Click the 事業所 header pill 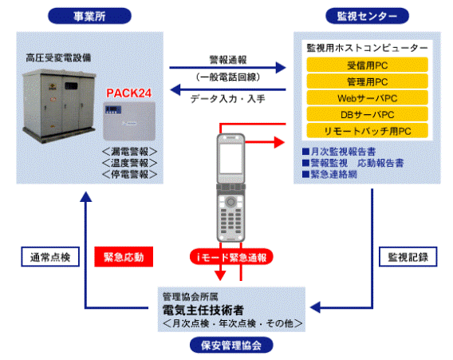click(x=89, y=16)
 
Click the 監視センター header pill click(x=367, y=16)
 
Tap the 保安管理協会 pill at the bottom click(x=231, y=345)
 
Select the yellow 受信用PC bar click(x=367, y=65)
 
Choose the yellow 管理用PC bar click(x=367, y=81)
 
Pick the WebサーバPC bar click(x=367, y=98)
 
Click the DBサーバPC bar click(x=367, y=114)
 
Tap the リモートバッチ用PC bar click(x=367, y=131)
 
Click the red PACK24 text click(x=129, y=93)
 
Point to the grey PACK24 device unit click(x=129, y=121)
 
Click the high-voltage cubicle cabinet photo click(x=59, y=105)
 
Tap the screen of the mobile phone click(x=230, y=159)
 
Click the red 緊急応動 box click(x=124, y=257)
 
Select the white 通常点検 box click(x=50, y=257)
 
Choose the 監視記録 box click(x=408, y=257)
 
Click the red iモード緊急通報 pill click(x=231, y=257)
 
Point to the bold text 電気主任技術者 click(x=203, y=310)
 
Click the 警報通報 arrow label click(x=228, y=60)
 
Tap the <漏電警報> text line click(x=129, y=152)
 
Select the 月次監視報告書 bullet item click(x=339, y=152)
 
